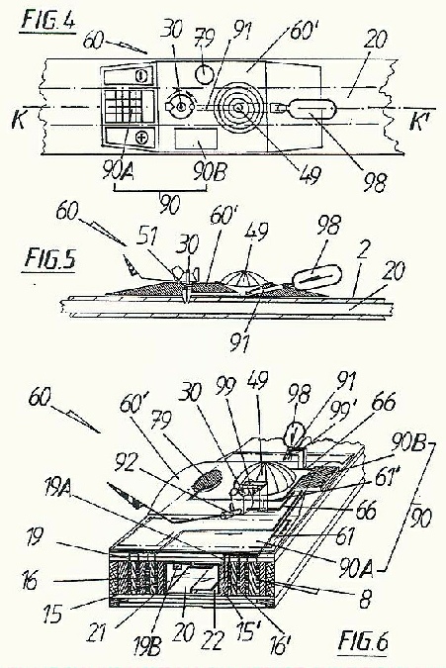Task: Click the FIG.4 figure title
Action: pos(48,21)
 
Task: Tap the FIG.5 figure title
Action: pos(49,259)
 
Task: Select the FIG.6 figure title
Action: pos(363,641)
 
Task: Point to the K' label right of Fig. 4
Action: pos(418,121)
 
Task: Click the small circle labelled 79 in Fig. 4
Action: pos(204,75)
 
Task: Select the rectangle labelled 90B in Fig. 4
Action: pos(196,139)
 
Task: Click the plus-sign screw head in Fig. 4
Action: pos(140,138)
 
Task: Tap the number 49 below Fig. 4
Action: pos(310,174)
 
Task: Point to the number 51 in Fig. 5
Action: pos(147,237)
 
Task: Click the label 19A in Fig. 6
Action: pos(59,487)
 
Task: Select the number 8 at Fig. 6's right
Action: pos(365,600)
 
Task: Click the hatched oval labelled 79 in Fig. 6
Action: pos(208,481)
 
